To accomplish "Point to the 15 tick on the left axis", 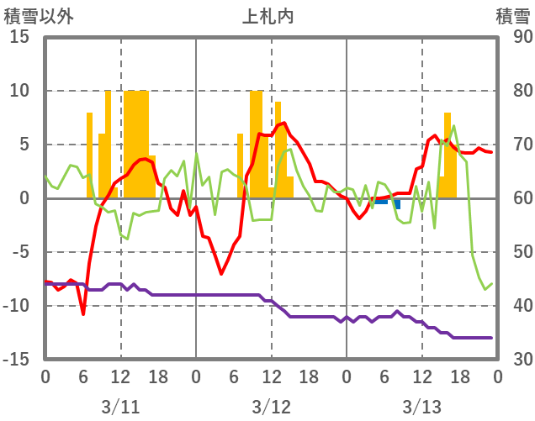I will point(20,37).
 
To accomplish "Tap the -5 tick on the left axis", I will point(20,252).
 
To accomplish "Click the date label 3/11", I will point(120,407).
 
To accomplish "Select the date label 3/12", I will point(271,407).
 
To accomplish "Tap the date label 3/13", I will point(421,407).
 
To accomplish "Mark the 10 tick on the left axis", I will point(20,91).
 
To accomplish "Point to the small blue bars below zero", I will point(382,202).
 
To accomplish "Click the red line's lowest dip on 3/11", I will point(83,313).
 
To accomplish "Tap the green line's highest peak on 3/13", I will point(454,127).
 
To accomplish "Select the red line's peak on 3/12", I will point(283,124).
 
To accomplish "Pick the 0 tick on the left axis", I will point(25,198).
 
